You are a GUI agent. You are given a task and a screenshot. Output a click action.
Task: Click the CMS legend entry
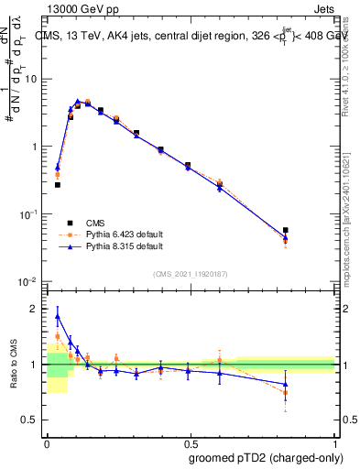(x=94, y=223)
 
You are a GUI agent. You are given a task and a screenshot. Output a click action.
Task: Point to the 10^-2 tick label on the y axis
(x=30, y=281)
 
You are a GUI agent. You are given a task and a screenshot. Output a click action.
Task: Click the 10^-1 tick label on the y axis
(x=30, y=213)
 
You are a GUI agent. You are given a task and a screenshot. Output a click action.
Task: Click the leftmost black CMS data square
(x=58, y=184)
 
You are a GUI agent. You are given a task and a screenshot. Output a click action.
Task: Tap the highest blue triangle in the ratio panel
(x=58, y=317)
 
